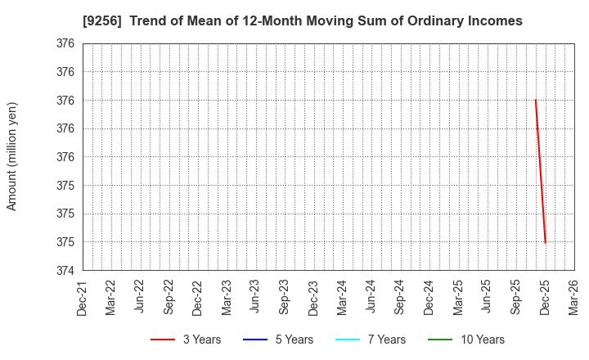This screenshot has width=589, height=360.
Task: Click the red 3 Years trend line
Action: [540, 172]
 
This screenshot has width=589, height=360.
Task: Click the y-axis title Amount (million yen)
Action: [12, 156]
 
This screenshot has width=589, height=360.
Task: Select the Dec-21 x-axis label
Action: [83, 297]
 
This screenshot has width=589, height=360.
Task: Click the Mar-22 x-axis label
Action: [111, 297]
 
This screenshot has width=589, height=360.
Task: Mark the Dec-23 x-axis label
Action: [313, 297]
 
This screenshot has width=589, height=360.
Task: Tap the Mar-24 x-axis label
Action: [343, 297]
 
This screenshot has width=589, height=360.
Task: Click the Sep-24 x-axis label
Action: [400, 297]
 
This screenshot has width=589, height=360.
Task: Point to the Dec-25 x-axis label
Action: [545, 297]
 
